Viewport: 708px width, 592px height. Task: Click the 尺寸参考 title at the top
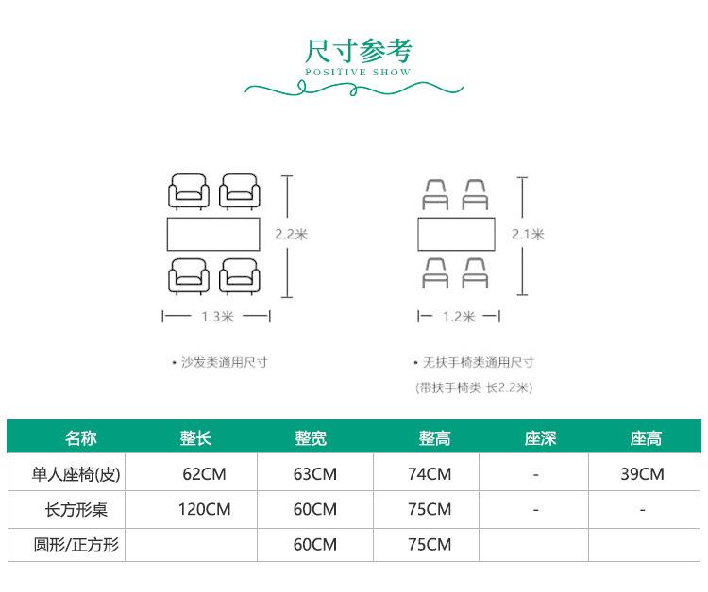coord(359,51)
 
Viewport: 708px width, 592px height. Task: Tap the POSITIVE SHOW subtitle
coord(358,73)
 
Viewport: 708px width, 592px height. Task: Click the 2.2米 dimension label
coord(292,235)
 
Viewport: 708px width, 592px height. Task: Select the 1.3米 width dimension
coord(217,317)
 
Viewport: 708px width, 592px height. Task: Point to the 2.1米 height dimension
coord(528,235)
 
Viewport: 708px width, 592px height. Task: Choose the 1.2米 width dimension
coord(459,317)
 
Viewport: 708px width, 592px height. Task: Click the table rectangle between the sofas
coord(213,234)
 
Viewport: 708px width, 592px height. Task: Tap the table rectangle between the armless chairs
coord(456,234)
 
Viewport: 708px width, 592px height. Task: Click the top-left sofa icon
coord(189,191)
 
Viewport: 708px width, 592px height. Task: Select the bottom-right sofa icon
coord(240,276)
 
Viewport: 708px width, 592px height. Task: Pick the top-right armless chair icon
coord(475,195)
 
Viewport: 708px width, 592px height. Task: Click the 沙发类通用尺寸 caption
coord(224,363)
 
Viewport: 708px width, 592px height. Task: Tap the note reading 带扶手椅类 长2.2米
coord(474,387)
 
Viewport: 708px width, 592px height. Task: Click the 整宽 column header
coord(311,437)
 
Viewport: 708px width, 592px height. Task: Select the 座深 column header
coord(540,437)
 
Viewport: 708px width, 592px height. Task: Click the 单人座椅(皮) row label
coord(76,474)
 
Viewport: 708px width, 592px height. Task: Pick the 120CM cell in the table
coord(204,509)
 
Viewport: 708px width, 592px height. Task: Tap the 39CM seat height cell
coord(642,474)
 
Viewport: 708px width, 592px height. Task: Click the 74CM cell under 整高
coord(430,474)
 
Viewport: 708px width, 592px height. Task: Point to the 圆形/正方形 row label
coord(76,545)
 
